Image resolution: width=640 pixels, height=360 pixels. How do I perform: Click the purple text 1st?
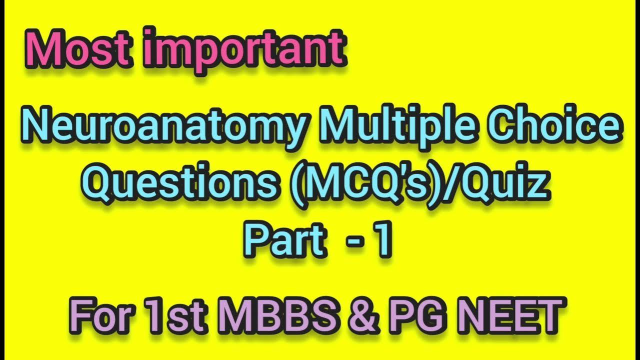tap(173, 315)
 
